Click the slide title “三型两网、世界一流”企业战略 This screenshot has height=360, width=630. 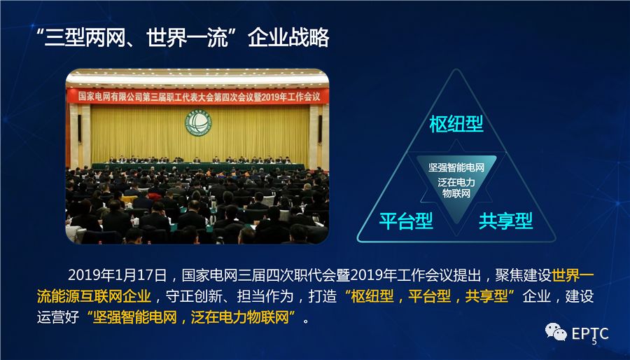point(183,38)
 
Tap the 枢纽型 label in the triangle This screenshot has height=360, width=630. point(456,125)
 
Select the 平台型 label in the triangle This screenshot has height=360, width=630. point(406,221)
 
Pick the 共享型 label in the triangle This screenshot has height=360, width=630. point(505,221)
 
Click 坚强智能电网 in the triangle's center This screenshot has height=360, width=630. point(456,168)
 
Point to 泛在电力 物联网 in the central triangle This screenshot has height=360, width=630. point(456,187)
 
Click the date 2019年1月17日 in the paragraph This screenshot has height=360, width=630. point(118,274)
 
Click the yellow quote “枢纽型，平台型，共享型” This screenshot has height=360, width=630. point(430,296)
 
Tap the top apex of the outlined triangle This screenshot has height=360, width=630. point(456,70)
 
